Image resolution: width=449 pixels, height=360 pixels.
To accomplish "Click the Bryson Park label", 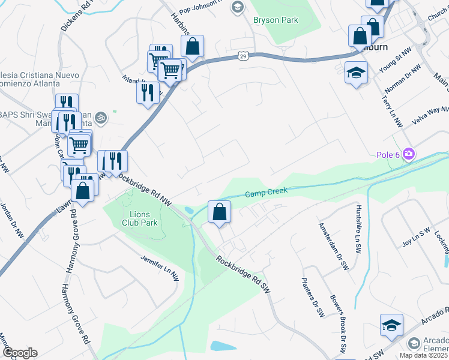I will click(x=276, y=20).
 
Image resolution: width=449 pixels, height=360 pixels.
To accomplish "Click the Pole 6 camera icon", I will click(x=409, y=155).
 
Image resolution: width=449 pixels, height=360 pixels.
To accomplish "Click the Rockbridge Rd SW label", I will click(x=243, y=275).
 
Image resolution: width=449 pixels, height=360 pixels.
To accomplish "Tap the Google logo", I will click(x=20, y=353).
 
